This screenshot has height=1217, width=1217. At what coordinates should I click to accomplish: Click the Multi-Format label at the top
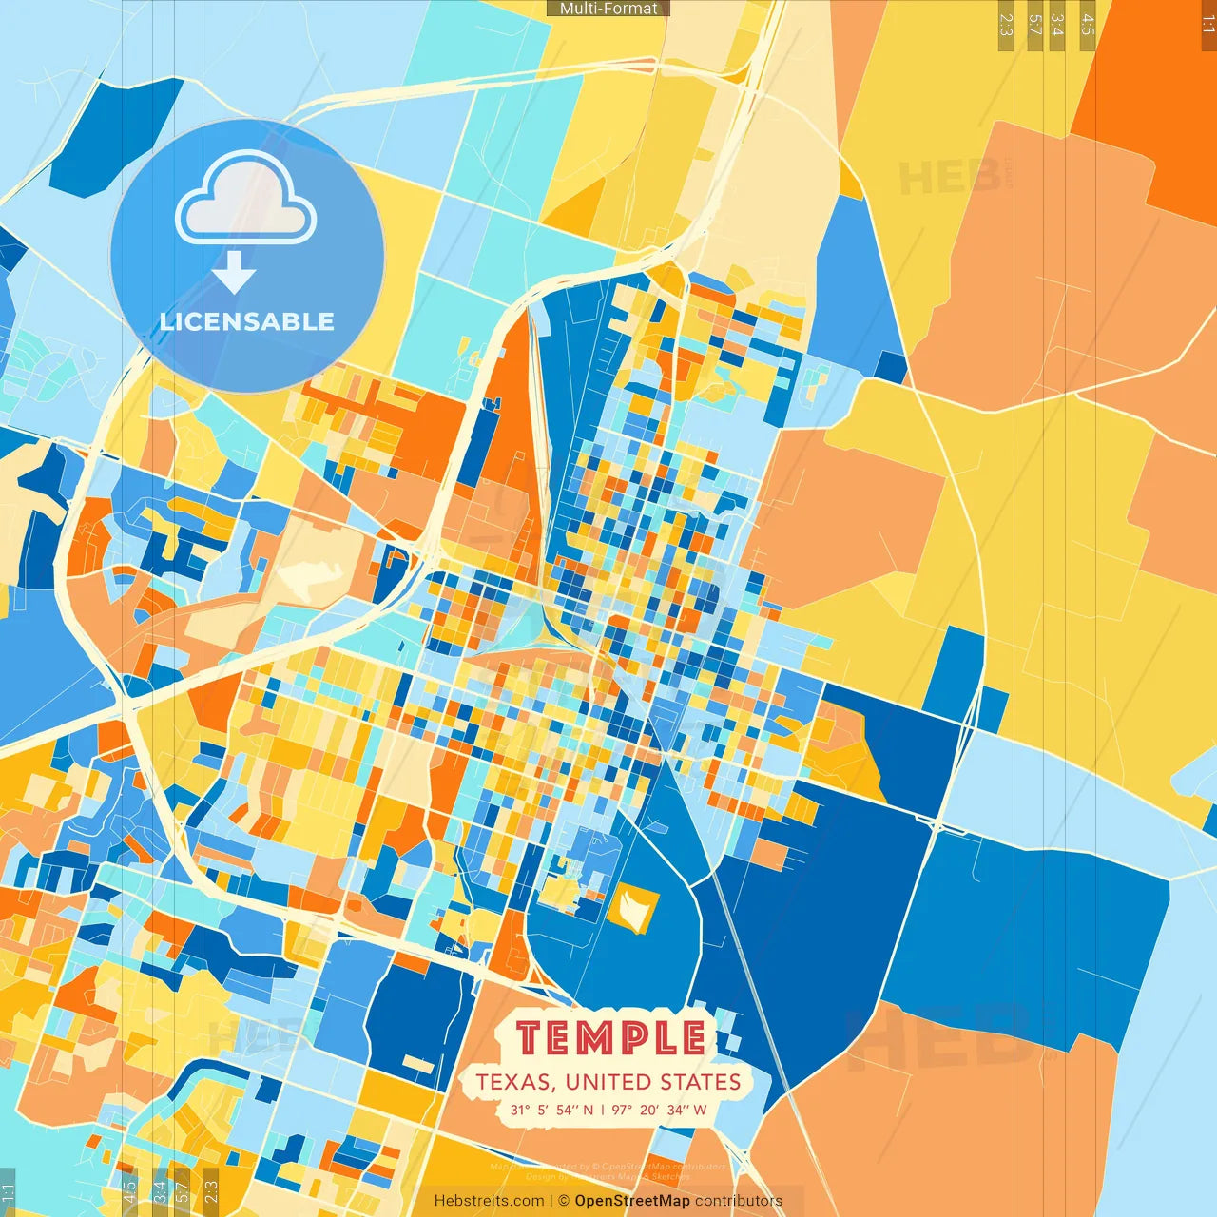(608, 9)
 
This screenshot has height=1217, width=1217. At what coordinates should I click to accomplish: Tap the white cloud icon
(245, 201)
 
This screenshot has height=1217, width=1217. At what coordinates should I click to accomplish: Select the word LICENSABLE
(247, 321)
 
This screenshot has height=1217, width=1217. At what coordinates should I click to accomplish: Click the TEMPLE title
(612, 1037)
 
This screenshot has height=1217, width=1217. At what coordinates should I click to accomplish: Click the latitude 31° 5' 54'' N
(551, 1110)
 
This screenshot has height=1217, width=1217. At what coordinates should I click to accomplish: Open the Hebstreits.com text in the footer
(489, 1201)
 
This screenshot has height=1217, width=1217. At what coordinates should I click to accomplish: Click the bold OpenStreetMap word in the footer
(632, 1201)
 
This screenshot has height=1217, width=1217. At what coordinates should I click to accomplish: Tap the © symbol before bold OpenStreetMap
(564, 1201)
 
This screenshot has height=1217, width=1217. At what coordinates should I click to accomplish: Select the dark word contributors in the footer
(739, 1201)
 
